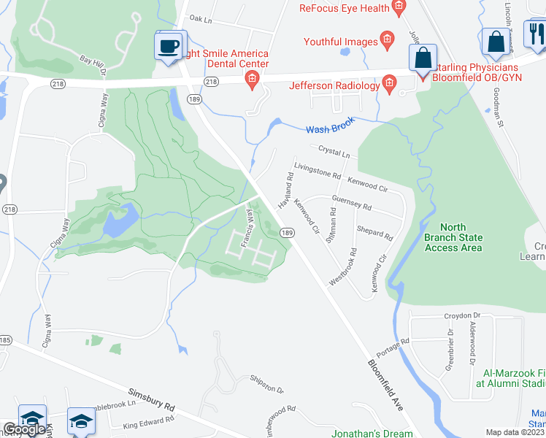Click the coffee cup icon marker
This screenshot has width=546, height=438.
[x=169, y=46]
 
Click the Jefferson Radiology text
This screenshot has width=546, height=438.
[x=334, y=85]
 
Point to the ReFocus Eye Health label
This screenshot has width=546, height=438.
[x=344, y=9]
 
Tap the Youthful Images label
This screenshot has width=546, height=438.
[x=341, y=42]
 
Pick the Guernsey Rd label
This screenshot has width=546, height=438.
[x=350, y=202]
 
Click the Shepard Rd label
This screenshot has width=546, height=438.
[x=374, y=231]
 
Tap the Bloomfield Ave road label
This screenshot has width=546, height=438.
[x=384, y=384]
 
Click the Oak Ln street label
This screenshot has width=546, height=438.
[x=200, y=18]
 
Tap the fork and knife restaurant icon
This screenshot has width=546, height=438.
[x=537, y=34]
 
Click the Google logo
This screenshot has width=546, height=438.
[x=24, y=429]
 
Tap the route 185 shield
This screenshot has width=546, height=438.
[x=4, y=340]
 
